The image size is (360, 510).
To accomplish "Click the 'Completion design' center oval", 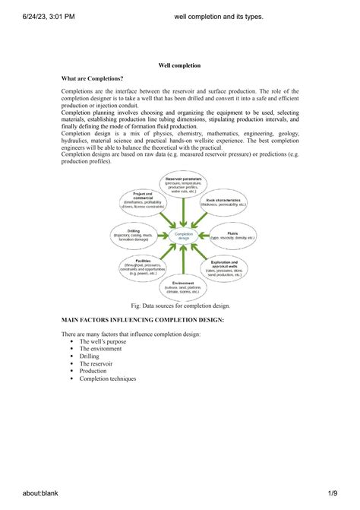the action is click(183, 236).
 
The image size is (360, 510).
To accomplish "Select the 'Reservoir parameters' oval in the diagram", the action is click(183, 185).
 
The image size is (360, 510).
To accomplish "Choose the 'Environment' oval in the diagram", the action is click(183, 287).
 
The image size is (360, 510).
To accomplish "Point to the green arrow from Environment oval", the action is click(183, 261).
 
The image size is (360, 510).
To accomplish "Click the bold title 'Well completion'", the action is click(179, 66).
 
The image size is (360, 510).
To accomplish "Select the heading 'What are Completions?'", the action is click(92, 79).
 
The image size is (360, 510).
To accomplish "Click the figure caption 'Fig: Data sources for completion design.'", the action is click(180, 305).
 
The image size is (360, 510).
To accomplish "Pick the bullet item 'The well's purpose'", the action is click(103, 342).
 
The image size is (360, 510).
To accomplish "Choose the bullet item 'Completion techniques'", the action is click(108, 379).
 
